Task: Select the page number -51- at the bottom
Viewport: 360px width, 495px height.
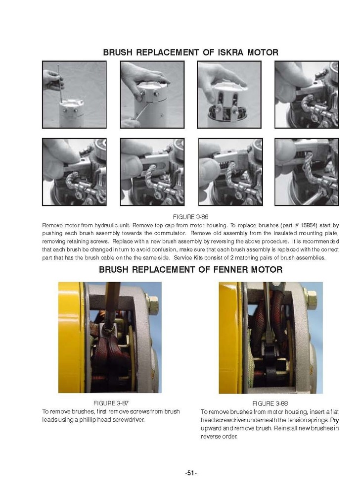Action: pyautogui.click(x=190, y=473)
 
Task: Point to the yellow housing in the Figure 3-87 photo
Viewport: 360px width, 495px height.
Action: pyautogui.click(x=71, y=337)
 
